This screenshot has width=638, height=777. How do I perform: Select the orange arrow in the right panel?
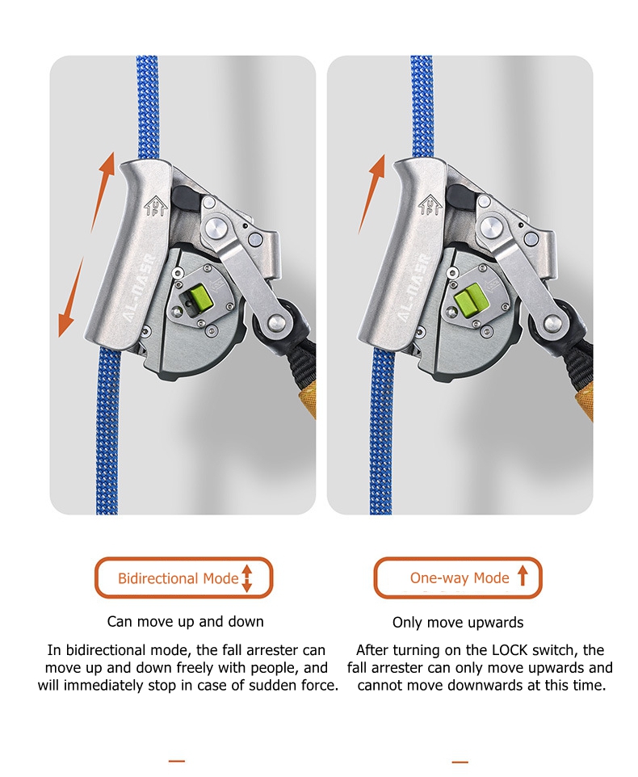click(372, 194)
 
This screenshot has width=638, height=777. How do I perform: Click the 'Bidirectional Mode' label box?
click(184, 577)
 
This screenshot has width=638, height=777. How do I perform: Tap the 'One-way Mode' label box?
click(458, 577)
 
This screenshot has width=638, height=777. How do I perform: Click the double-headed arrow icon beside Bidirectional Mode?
click(246, 578)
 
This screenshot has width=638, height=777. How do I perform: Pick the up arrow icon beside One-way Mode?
click(523, 577)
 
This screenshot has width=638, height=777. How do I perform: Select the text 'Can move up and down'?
click(185, 621)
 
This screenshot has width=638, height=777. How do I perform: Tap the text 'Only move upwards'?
click(458, 623)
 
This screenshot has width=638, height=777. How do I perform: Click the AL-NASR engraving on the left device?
click(140, 288)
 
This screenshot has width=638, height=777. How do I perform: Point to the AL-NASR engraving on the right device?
click(412, 288)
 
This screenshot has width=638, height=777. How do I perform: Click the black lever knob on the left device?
click(185, 198)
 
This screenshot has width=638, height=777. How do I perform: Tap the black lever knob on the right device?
click(460, 197)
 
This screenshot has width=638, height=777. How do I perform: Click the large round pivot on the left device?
click(216, 229)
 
